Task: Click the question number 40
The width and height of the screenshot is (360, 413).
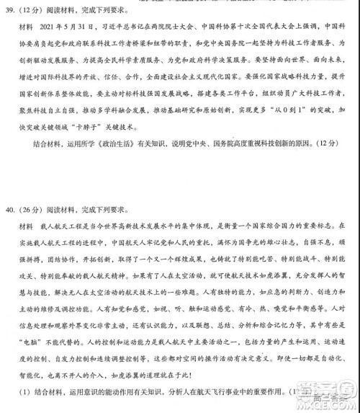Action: click(x=11, y=211)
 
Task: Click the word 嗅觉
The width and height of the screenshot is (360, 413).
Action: click(x=279, y=307)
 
